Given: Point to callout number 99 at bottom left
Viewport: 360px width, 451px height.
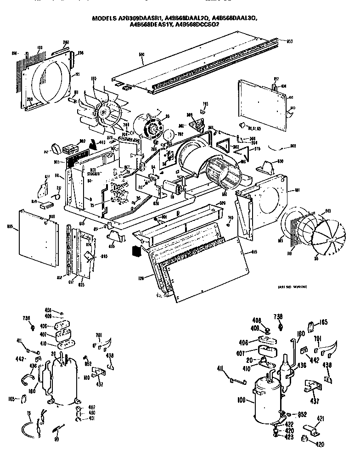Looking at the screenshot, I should click(56, 440).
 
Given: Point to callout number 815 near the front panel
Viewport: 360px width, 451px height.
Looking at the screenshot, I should click(254, 252).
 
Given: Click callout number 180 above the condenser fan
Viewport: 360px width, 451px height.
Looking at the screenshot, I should click(94, 79).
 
